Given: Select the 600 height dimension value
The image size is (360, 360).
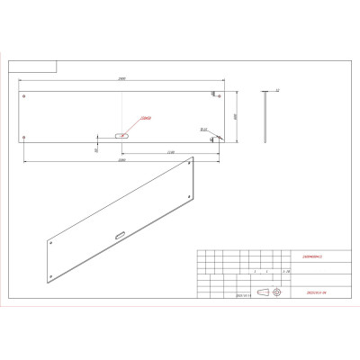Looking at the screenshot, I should [x=235, y=116].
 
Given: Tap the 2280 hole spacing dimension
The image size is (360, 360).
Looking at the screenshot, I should [x=121, y=159].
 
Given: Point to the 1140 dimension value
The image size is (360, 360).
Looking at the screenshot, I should [x=170, y=153].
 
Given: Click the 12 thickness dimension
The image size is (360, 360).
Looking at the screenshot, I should [x=278, y=91].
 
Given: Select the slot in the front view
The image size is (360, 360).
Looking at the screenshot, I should [x=121, y=136].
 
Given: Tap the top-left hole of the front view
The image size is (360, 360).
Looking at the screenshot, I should [x=25, y=95].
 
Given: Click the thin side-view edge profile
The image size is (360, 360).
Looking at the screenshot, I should [x=265, y=116].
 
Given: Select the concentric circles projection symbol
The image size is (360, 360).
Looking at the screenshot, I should [x=276, y=292].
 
